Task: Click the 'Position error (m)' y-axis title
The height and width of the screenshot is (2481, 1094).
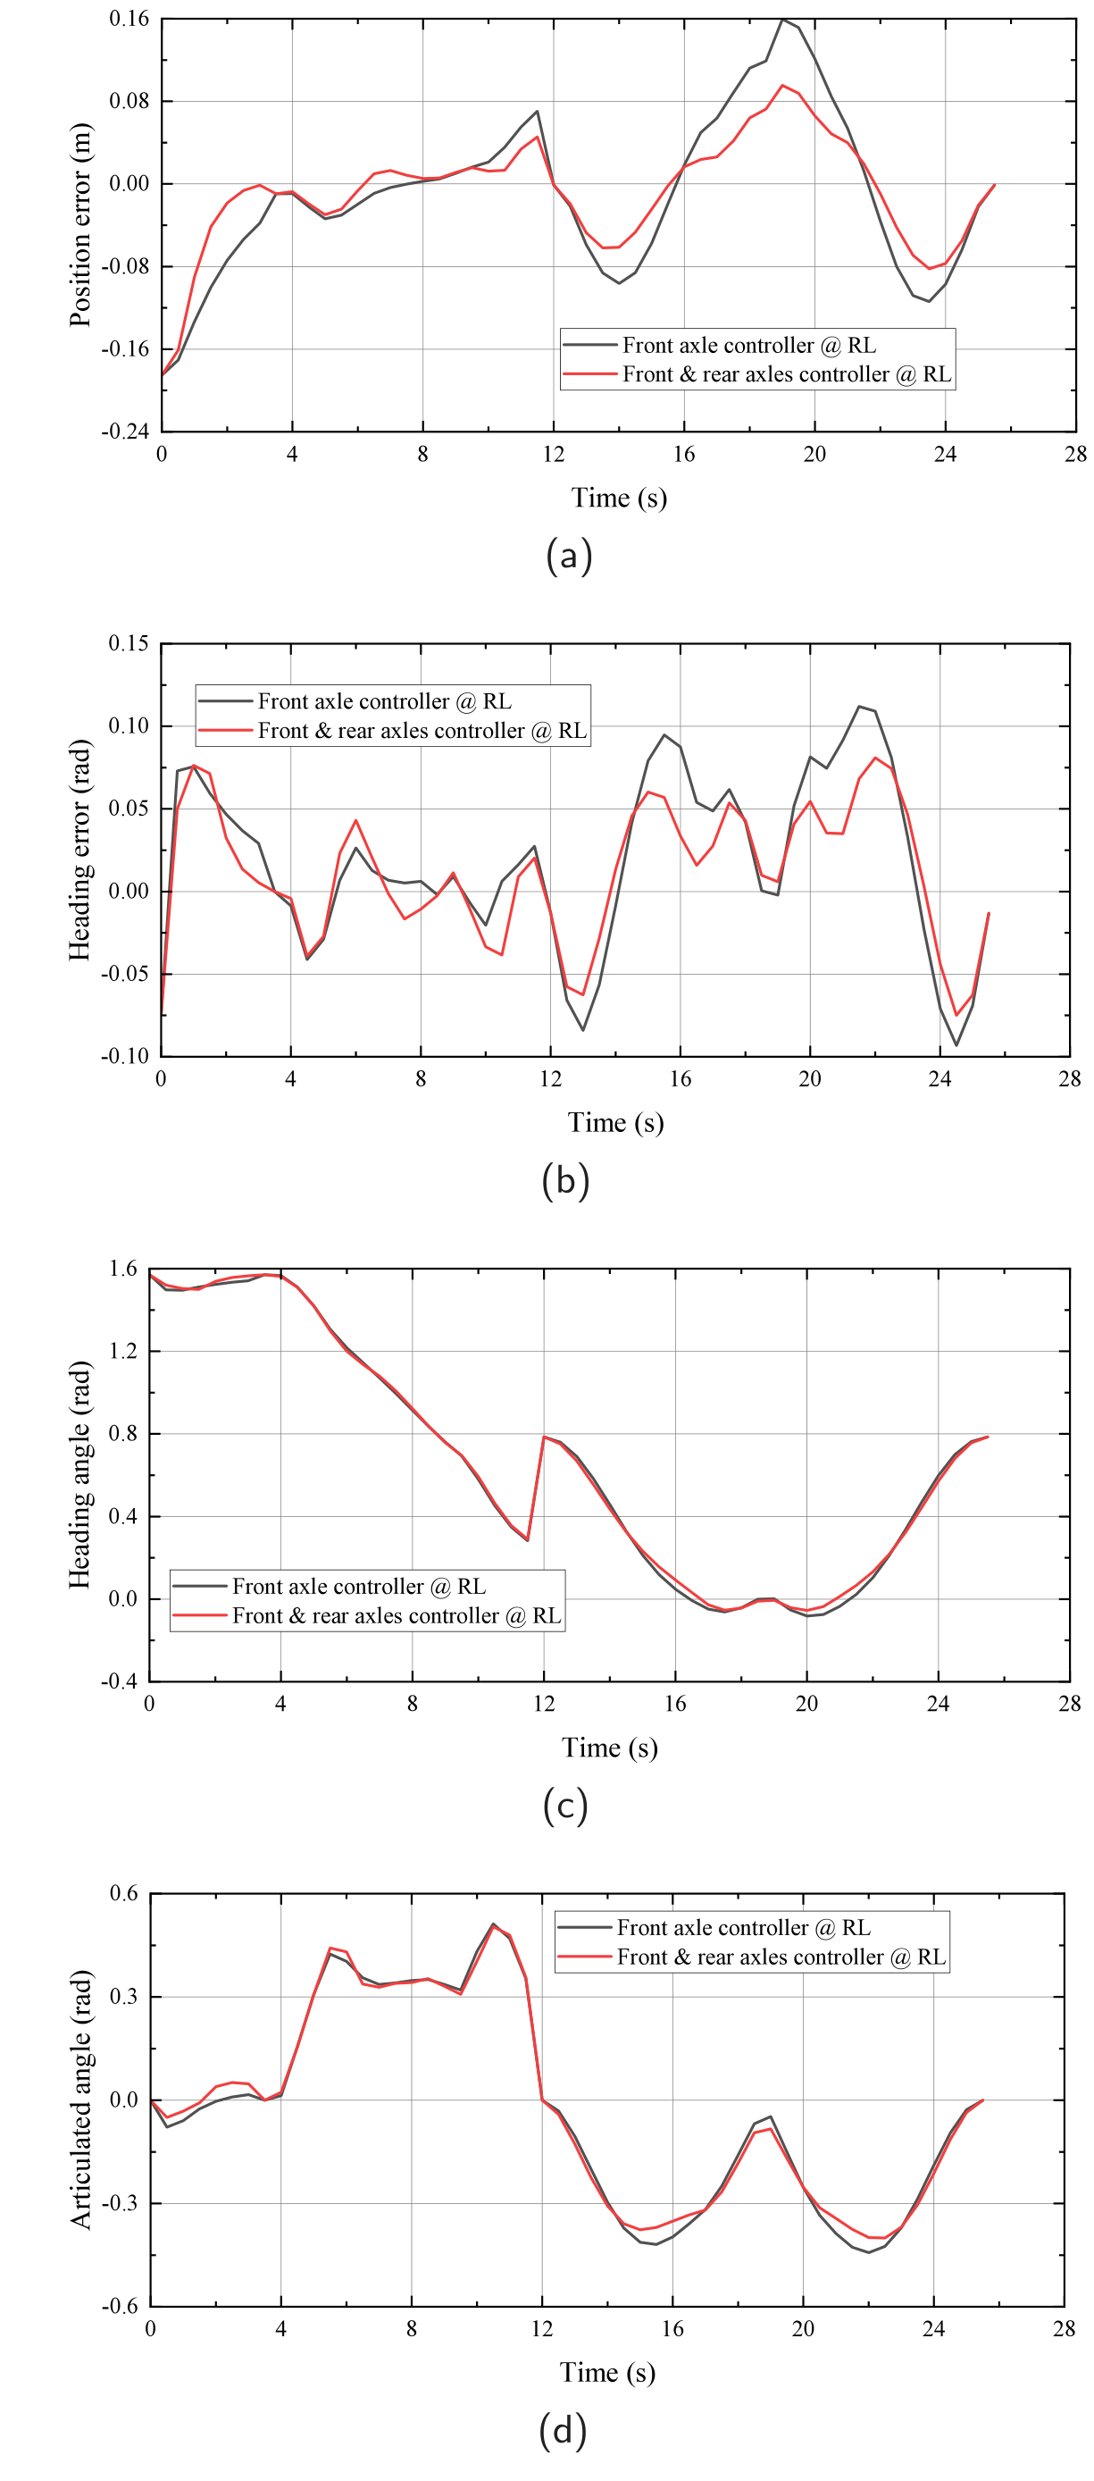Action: [x=81, y=225]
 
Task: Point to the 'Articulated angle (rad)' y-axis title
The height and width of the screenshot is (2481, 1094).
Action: [x=81, y=2100]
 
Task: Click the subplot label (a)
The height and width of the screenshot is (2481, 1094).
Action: [x=568, y=556]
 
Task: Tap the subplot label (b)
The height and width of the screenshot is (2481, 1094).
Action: [x=565, y=1181]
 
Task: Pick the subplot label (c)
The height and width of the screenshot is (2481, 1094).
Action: [x=565, y=1806]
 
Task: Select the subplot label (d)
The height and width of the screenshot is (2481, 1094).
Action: [x=564, y=2430]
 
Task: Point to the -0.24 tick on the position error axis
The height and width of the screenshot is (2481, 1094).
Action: [x=125, y=432]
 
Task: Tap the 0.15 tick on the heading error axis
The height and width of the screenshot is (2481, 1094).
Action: [x=129, y=643]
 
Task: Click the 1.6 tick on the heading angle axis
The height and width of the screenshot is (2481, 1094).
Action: [x=123, y=1269]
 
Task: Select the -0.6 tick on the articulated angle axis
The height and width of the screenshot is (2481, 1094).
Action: [x=121, y=2307]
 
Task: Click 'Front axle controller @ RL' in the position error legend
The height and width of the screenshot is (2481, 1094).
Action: [x=749, y=345]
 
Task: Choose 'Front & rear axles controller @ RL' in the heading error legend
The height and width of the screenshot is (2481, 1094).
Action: [x=422, y=730]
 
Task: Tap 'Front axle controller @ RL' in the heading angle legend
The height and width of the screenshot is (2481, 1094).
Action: [x=359, y=1587]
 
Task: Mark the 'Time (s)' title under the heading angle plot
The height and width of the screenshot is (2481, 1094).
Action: [x=610, y=1748]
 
